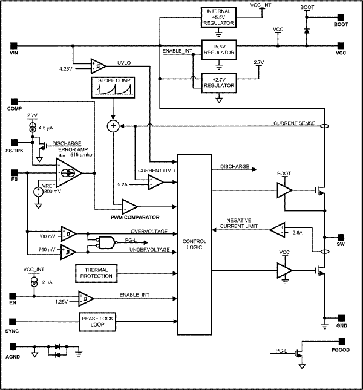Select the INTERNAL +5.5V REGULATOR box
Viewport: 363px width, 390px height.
(218, 16)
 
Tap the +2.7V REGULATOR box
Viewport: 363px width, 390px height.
(218, 83)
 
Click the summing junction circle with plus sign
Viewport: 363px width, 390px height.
(113, 126)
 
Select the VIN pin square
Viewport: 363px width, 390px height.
(13, 45)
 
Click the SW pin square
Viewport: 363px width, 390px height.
(341, 236)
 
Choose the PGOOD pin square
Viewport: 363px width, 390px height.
(341, 350)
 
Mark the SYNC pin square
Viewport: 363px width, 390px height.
(13, 321)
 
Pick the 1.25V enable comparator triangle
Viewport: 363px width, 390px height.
(85, 297)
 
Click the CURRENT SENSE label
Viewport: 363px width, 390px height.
(295, 123)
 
